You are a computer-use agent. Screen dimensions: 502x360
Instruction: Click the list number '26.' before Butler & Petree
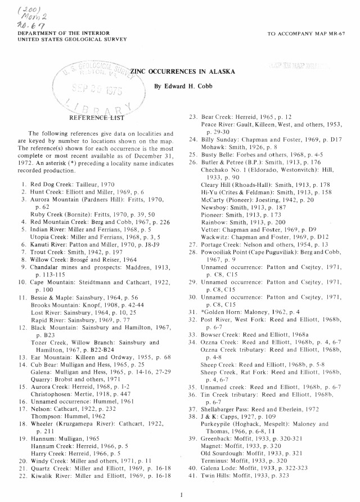(192, 177)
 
